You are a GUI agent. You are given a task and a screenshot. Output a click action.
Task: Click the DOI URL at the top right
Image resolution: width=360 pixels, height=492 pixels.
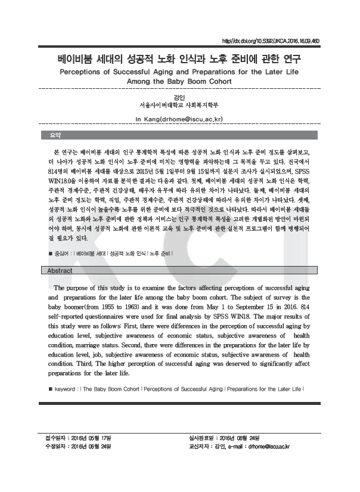(x=270, y=42)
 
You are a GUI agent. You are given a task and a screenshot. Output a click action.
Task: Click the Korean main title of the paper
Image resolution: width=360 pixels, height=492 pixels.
(x=179, y=59)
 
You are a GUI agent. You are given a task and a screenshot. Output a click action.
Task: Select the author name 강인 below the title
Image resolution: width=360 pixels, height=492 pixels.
(x=179, y=98)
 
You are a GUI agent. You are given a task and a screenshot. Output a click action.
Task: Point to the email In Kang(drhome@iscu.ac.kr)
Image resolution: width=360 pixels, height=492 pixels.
(x=179, y=119)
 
